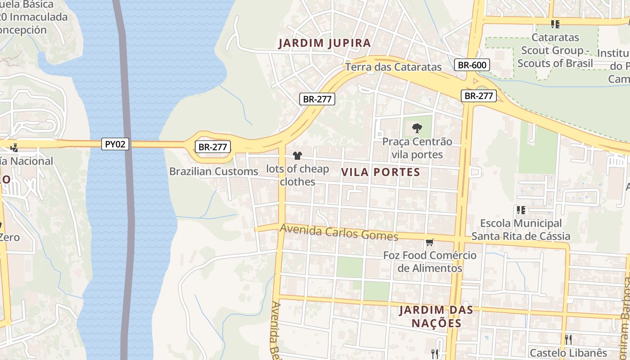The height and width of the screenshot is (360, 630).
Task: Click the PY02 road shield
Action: (115, 144)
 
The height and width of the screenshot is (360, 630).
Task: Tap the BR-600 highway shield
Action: (472, 65)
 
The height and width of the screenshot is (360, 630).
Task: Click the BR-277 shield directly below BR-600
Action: (478, 96)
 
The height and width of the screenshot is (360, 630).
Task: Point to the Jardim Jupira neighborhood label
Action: (324, 43)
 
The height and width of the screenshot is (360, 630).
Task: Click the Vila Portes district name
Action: (381, 172)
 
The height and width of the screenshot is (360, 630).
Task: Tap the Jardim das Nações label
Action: (436, 316)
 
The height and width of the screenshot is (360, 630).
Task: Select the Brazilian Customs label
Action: (214, 171)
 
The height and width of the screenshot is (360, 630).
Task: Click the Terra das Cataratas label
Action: (394, 67)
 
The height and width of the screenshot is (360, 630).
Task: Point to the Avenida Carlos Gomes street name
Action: (339, 232)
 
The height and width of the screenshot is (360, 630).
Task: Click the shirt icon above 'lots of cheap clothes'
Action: (297, 156)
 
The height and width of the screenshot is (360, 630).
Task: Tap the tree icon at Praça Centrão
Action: (417, 128)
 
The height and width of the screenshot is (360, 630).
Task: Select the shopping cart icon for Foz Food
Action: (430, 243)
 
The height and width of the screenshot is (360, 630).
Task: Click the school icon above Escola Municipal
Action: (521, 210)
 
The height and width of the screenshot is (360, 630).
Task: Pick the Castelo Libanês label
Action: (568, 353)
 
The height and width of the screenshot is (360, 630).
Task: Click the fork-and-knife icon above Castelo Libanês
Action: (568, 339)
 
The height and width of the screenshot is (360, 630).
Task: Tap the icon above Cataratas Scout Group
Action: (555, 24)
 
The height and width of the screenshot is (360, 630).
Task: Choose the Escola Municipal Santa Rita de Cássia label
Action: (521, 229)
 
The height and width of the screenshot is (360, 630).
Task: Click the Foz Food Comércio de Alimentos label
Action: (430, 261)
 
